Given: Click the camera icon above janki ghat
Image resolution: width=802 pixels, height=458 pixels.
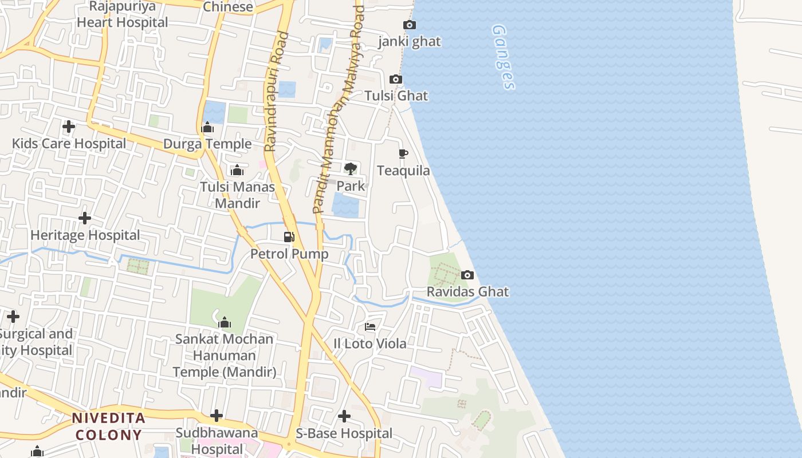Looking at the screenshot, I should pyautogui.click(x=410, y=25).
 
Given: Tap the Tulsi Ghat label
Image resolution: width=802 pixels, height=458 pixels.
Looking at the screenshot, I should pyautogui.click(x=396, y=96).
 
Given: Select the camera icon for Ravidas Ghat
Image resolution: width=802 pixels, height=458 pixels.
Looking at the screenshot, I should pyautogui.click(x=467, y=275).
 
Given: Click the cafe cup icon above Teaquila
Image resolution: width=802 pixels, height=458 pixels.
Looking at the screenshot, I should pyautogui.click(x=403, y=153).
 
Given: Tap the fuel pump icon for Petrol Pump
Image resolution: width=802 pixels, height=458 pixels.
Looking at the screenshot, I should pyautogui.click(x=289, y=237).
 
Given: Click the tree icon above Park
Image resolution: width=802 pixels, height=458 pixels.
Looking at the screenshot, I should pyautogui.click(x=351, y=168).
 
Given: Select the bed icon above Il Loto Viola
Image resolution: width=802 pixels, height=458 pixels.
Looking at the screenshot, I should pyautogui.click(x=370, y=327).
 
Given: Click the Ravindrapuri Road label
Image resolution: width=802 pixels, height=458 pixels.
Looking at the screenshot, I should pyautogui.click(x=277, y=92).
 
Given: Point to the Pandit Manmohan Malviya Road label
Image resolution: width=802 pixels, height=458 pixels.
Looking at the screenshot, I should pyautogui.click(x=339, y=109).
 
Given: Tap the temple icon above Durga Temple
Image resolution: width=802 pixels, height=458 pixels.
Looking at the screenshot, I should pyautogui.click(x=207, y=127).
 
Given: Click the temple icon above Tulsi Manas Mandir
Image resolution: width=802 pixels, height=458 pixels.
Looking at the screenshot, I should pyautogui.click(x=237, y=170).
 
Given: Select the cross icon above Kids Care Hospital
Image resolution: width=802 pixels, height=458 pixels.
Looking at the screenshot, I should pyautogui.click(x=69, y=127).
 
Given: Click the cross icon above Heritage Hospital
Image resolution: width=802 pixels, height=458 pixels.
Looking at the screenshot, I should pyautogui.click(x=85, y=218).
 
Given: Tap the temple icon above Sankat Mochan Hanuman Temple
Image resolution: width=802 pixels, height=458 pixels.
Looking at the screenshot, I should pyautogui.click(x=225, y=322).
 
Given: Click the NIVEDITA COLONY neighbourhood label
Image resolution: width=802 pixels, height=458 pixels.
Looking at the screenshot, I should pyautogui.click(x=108, y=426).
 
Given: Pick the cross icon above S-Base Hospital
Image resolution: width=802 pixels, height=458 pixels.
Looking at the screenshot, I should pyautogui.click(x=344, y=416).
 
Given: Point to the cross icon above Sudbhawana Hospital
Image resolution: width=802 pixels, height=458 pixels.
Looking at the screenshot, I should pyautogui.click(x=217, y=415).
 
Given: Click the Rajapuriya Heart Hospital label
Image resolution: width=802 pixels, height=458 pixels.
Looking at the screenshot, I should pyautogui.click(x=123, y=15).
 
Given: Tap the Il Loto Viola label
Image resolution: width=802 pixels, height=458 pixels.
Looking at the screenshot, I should pyautogui.click(x=370, y=343).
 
